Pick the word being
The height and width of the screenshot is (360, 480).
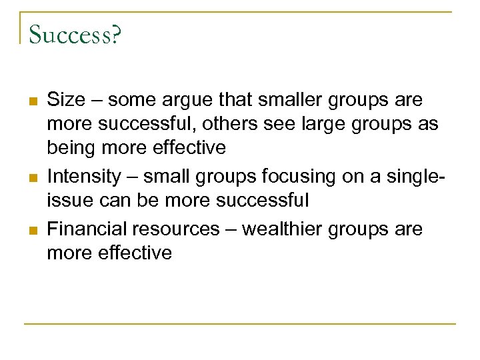69,148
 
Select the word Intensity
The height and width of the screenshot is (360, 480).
84,177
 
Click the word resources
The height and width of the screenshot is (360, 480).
175,229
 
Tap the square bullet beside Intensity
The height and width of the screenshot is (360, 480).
32,178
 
